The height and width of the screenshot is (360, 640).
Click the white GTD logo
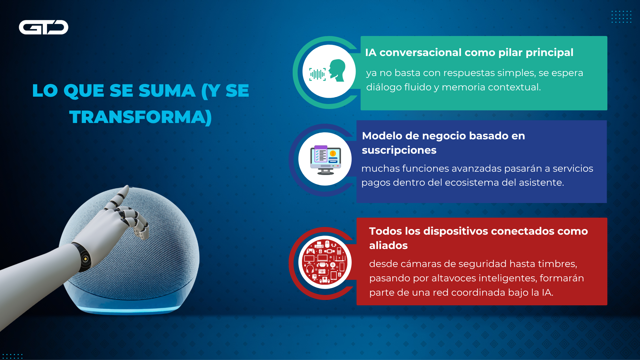click(x=43, y=27)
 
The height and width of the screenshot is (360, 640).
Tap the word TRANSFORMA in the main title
click(x=137, y=117)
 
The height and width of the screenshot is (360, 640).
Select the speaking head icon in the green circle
click(x=337, y=70)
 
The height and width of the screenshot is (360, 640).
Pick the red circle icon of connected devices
click(x=325, y=262)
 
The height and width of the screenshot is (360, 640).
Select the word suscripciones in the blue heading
click(x=399, y=151)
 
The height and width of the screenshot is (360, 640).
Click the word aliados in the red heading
click(x=388, y=246)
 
